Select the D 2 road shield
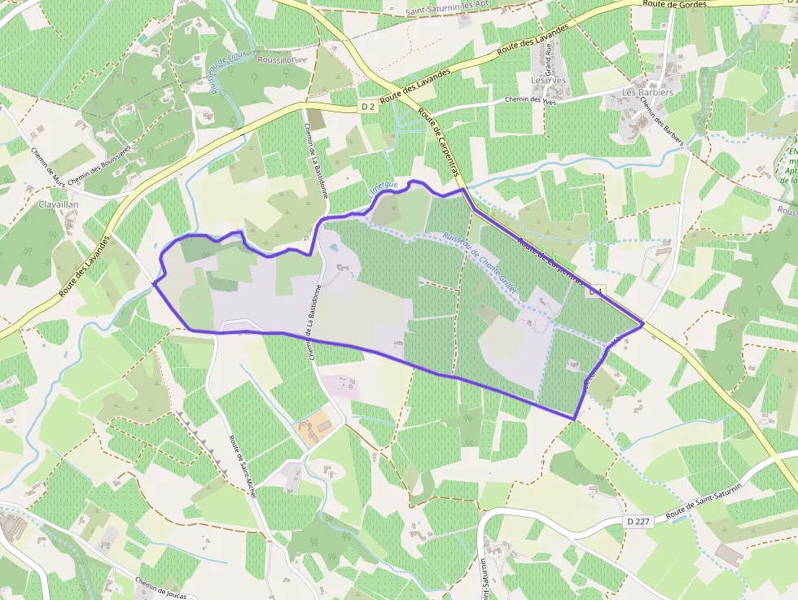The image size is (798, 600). click(368, 107)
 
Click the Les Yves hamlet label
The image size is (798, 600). click(547, 81)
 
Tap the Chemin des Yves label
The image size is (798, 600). click(530, 100)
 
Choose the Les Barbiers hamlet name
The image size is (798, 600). click(648, 92)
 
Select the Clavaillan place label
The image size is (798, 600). click(58, 204)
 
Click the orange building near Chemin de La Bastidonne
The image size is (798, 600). click(316, 427)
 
